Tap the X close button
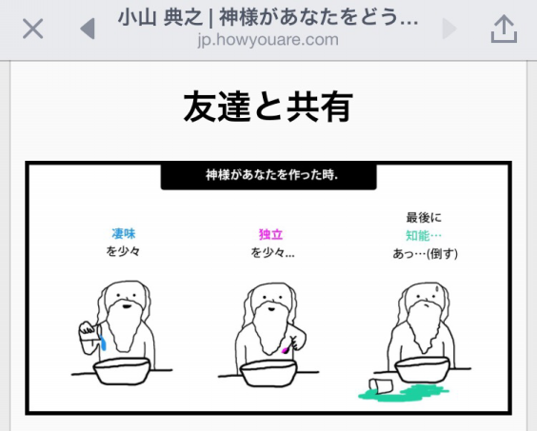pyautogui.click(x=32, y=29)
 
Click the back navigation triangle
pyautogui.click(x=88, y=29)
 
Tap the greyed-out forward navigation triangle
pyautogui.click(x=450, y=29)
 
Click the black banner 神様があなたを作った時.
pyautogui.click(x=268, y=176)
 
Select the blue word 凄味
pyautogui.click(x=124, y=233)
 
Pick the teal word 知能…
pyautogui.click(x=425, y=235)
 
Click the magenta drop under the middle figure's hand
pyautogui.click(x=286, y=350)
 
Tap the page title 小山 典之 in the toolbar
pyautogui.click(x=156, y=17)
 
